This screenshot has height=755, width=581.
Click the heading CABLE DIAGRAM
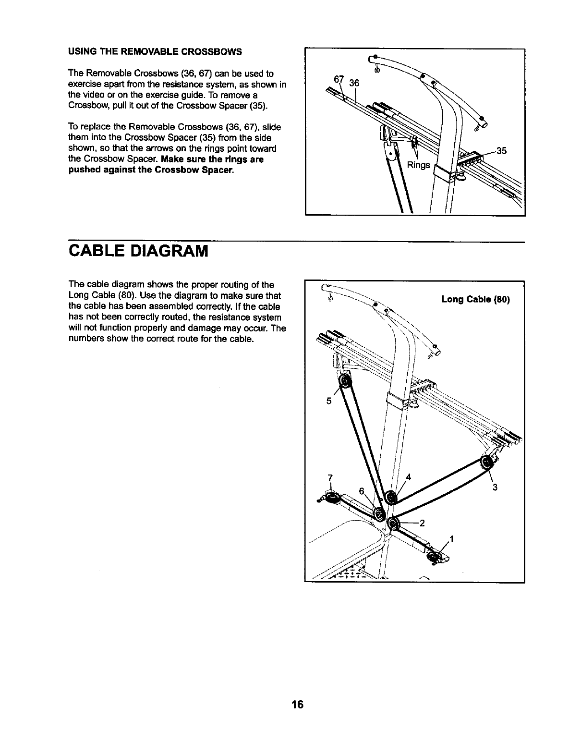pyautogui.click(x=139, y=251)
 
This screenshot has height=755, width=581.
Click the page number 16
pyautogui.click(x=297, y=705)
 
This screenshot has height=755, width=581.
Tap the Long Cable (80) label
pyautogui.click(x=475, y=300)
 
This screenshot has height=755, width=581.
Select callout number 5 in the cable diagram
pyautogui.click(x=329, y=402)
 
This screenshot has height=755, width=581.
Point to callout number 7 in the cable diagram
pyautogui.click(x=330, y=477)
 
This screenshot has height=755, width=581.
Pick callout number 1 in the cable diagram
pyautogui.click(x=452, y=538)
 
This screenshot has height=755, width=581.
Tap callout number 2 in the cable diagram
pyautogui.click(x=422, y=524)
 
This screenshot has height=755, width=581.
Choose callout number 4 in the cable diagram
pyautogui.click(x=408, y=477)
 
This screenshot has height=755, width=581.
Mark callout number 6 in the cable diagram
pyautogui.click(x=362, y=490)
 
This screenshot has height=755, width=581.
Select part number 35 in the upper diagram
pyautogui.click(x=502, y=151)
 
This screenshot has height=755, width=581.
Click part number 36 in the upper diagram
pyautogui.click(x=354, y=83)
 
